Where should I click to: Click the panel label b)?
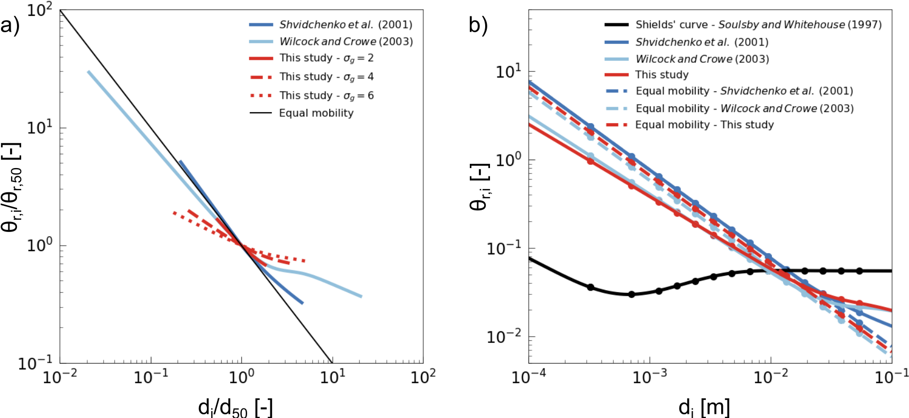click(478, 25)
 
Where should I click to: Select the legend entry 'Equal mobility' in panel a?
click(316, 113)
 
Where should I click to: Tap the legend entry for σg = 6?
click(326, 96)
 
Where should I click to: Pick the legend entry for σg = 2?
click(326, 58)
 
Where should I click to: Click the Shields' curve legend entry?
click(758, 25)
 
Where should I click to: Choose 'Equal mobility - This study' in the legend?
click(704, 125)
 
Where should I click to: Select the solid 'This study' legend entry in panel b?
click(662, 75)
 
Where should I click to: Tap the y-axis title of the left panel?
click(12, 187)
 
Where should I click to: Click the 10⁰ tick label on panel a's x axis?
click(241, 377)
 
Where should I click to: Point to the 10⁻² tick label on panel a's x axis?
click(59, 377)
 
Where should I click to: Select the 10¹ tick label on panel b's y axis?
click(508, 71)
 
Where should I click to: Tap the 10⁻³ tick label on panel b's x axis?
click(650, 377)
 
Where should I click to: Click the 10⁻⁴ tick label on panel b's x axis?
click(529, 377)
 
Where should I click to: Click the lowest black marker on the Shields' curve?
click(631, 294)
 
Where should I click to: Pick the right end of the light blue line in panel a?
click(361, 296)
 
